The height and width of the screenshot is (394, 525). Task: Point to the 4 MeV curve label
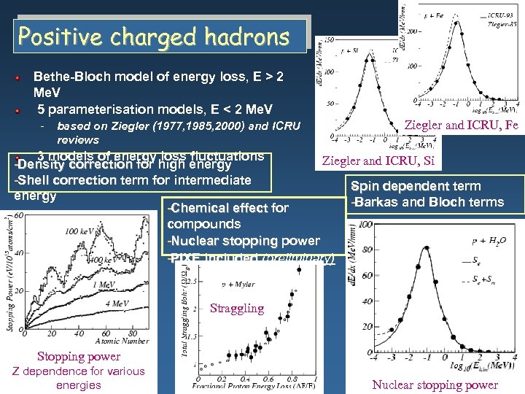click(x=117, y=304)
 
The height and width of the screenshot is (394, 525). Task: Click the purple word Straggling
click(x=237, y=308)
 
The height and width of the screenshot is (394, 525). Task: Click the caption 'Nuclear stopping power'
click(x=435, y=385)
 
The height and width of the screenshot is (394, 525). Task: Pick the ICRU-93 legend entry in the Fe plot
click(x=504, y=14)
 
